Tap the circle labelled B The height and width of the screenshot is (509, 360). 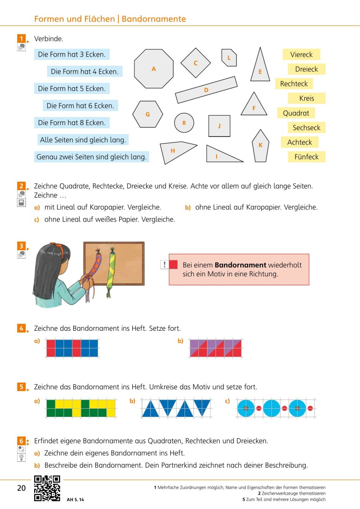click(184, 122)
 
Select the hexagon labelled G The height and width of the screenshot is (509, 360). click(148, 114)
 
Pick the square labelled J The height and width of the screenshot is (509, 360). click(219, 126)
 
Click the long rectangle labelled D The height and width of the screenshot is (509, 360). click(206, 90)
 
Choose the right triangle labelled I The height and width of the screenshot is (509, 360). click(220, 155)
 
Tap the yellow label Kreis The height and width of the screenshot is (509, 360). click(306, 98)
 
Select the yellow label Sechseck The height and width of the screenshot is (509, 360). click(306, 128)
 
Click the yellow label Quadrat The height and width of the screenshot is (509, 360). click(296, 113)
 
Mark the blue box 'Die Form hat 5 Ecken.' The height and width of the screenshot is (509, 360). click(72, 89)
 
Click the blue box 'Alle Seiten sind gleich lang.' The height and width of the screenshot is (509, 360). click(83, 140)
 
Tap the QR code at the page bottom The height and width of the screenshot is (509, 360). click(47, 488)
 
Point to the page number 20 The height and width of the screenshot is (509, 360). click(21, 488)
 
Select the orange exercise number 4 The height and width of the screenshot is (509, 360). click(21, 328)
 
